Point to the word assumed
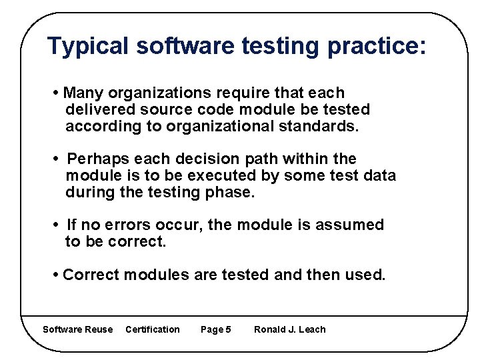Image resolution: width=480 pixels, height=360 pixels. point(351,225)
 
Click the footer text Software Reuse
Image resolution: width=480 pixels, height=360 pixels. point(77,329)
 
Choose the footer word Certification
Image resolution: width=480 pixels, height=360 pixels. point(153,329)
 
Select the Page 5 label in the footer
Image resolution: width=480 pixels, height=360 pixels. point(216,329)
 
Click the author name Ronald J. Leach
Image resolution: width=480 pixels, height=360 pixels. point(290,329)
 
